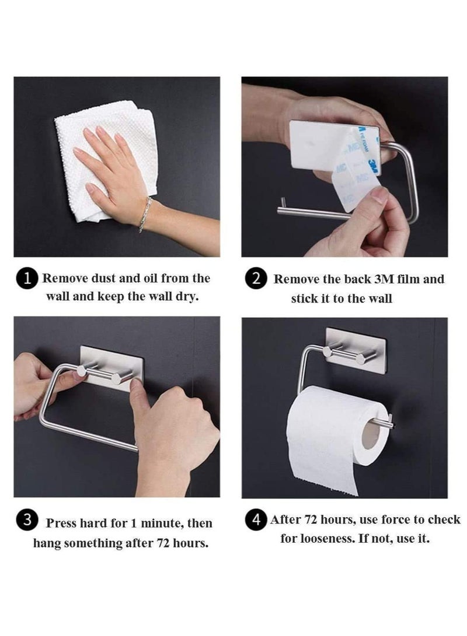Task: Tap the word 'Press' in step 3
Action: click(62, 523)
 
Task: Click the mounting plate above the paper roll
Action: click(355, 350)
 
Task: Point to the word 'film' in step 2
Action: click(412, 279)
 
